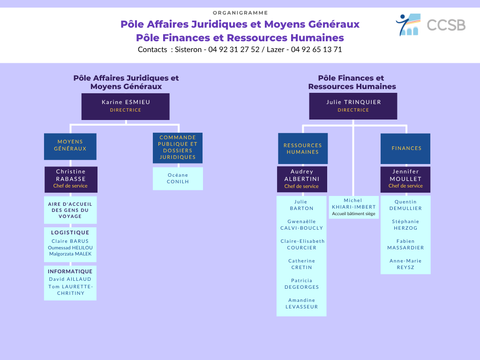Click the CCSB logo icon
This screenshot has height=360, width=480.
[408, 24]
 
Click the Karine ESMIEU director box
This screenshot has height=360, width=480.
[126, 106]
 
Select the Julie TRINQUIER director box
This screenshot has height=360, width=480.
[353, 106]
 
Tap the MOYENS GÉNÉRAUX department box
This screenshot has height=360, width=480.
[70, 146]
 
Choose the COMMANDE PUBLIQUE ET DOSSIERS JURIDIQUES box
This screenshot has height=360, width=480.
[178, 148]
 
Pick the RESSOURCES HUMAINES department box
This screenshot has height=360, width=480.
[303, 149]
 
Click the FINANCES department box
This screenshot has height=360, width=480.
[405, 149]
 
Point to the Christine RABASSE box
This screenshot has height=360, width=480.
[71, 180]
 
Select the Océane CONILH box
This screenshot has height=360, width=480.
[178, 179]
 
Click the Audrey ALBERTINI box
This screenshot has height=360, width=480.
[302, 179]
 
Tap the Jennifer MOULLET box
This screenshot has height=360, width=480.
[405, 180]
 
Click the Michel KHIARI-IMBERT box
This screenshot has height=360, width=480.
[353, 207]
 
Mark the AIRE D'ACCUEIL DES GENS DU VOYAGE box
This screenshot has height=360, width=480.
[70, 210]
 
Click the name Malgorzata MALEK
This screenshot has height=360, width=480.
[70, 254]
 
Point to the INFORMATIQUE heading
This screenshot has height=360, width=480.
[70, 271]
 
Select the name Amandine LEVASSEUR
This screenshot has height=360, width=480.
[301, 303]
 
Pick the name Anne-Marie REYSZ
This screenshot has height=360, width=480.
[405, 264]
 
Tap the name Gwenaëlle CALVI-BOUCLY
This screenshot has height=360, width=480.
[301, 225]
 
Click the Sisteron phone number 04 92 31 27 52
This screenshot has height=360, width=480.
[234, 50]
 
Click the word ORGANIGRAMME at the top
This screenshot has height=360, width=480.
[240, 13]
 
